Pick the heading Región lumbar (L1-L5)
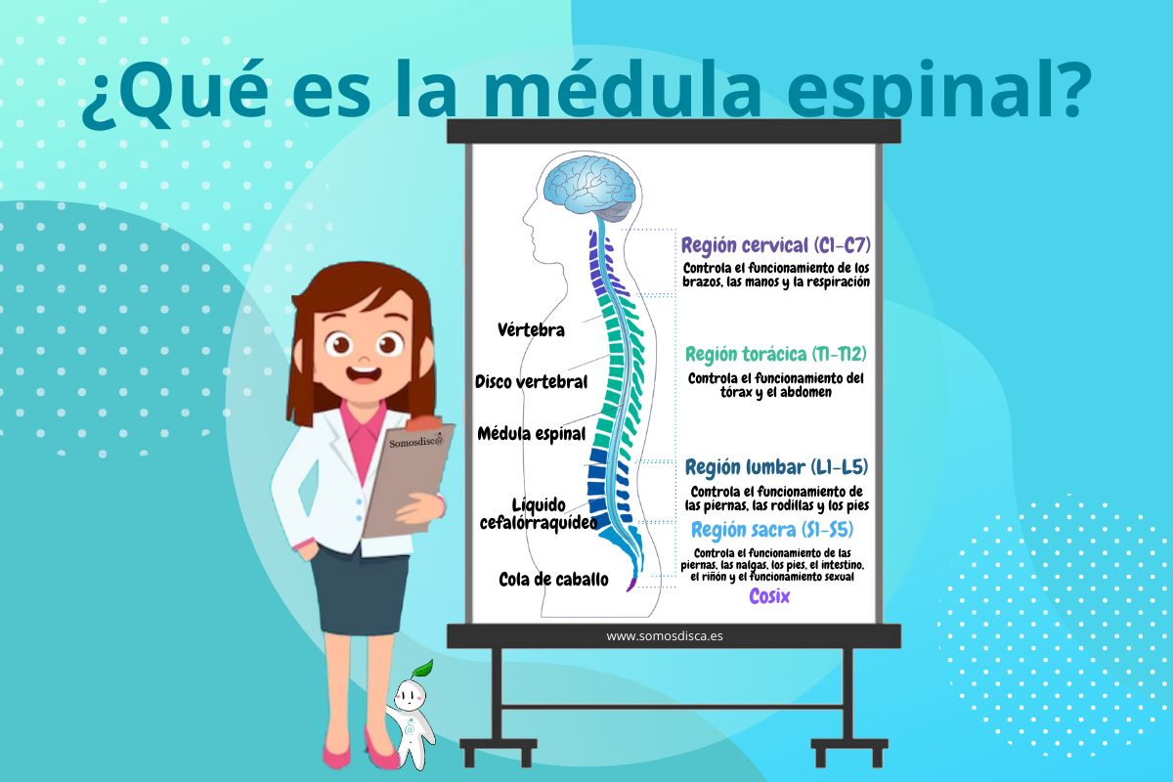pyautogui.click(x=776, y=466)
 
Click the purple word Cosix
pyautogui.click(x=769, y=596)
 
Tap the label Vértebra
pyautogui.click(x=531, y=330)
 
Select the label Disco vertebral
pyautogui.click(x=531, y=381)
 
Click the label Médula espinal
pyautogui.click(x=531, y=433)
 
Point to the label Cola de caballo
pyautogui.click(x=553, y=580)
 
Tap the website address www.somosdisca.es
pyautogui.click(x=665, y=636)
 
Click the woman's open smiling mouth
pyautogui.click(x=365, y=372)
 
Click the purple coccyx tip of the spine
pyautogui.click(x=631, y=586)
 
